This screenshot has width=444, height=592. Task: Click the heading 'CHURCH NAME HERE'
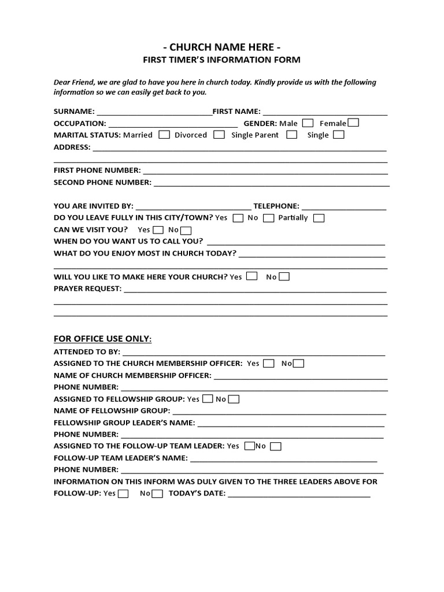223,47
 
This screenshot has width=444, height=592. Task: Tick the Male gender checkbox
308,123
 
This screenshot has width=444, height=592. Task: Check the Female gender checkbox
353,123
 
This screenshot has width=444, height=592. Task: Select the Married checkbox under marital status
164,135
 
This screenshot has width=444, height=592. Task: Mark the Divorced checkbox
219,135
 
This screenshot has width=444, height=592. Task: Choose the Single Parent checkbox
292,135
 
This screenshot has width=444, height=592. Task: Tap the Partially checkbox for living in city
319,218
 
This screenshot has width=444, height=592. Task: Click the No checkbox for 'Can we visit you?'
186,230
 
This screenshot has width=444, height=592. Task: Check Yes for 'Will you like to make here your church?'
251,276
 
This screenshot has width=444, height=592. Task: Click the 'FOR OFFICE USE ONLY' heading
103,339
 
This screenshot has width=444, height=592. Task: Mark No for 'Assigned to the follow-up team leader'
276,446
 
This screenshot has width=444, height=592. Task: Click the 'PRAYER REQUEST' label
87,288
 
